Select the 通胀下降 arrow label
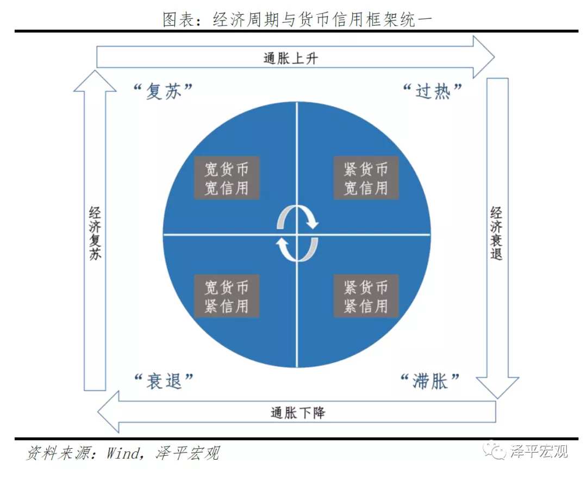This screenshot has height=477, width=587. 297,413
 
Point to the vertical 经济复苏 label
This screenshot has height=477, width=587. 95,233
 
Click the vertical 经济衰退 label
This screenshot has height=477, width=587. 496,233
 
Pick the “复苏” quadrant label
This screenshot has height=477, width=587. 163,91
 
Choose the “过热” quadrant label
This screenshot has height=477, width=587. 432,91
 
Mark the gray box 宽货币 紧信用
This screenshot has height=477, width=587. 227,296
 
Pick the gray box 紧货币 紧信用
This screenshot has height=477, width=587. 366,296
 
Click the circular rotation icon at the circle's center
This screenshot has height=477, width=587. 297,234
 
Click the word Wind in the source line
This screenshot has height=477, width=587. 123,453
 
